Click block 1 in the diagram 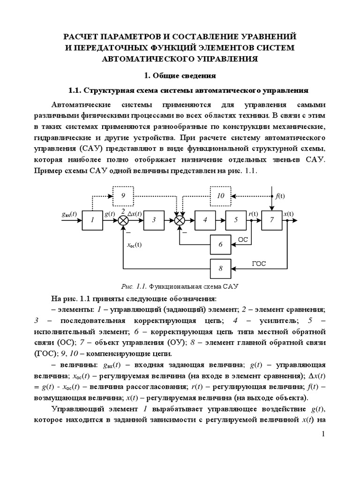pyautogui.click(x=93, y=220)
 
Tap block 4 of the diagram pyautogui.click(x=204, y=220)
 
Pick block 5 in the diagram pyautogui.click(x=236, y=220)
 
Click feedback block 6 pyautogui.click(x=221, y=244)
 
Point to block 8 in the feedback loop pyautogui.click(x=221, y=269)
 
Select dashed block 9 pyautogui.click(x=123, y=195)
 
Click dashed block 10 pyautogui.click(x=221, y=195)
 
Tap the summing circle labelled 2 pyautogui.click(x=123, y=220)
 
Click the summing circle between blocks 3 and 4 pyautogui.click(x=180, y=220)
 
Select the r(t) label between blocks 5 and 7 pyautogui.click(x=254, y=214)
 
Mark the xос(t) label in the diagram pyautogui.click(x=135, y=244)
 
